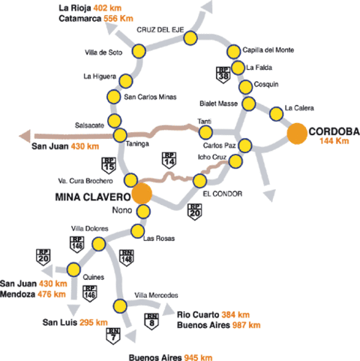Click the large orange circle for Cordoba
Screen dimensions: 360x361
pos(297,134)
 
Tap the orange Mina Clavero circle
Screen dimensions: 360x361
pos(142,194)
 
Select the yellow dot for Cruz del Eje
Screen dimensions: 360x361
pos(190,38)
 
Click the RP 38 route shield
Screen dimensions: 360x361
pos(223,75)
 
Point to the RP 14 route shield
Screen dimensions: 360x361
pos(169,160)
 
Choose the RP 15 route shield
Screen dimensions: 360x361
pos(109,165)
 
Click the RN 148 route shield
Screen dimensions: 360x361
pos(126,257)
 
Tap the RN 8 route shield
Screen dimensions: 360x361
pos(151,321)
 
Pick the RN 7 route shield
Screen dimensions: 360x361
pos(113,336)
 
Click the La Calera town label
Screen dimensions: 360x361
pos(299,108)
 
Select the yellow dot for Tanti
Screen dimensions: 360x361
pos(205,132)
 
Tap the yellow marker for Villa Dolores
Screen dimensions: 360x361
pos(99,244)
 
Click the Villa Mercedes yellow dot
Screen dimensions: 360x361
pos(120,305)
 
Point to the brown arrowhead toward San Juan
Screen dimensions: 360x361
pos(25,136)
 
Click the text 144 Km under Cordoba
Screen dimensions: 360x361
pos(334,141)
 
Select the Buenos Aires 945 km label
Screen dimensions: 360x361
pos(170,357)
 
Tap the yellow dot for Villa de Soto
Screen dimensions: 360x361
pos(139,51)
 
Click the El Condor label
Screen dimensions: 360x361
pos(223,194)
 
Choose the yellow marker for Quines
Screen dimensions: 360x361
pos(73,269)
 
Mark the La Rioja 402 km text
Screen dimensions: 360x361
pos(90,8)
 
